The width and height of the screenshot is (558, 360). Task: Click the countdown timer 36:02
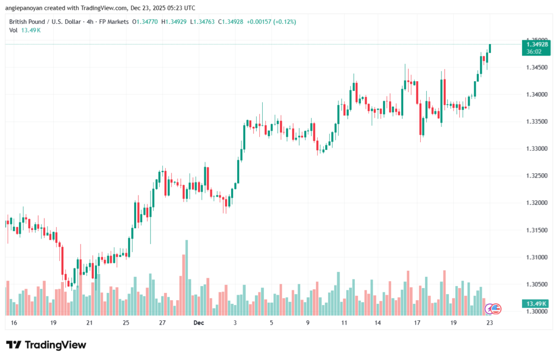(534, 51)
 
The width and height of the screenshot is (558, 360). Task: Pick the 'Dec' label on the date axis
(198, 323)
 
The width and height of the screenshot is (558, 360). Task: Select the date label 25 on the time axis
(126, 323)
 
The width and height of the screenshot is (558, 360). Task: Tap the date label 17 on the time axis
(417, 323)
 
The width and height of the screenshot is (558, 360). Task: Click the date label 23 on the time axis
(490, 323)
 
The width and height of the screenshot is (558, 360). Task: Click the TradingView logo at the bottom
(46, 345)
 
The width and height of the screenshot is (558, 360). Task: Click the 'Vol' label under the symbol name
(14, 30)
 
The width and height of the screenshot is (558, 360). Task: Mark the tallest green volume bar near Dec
(186, 277)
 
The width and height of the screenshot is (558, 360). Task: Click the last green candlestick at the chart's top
(490, 48)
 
